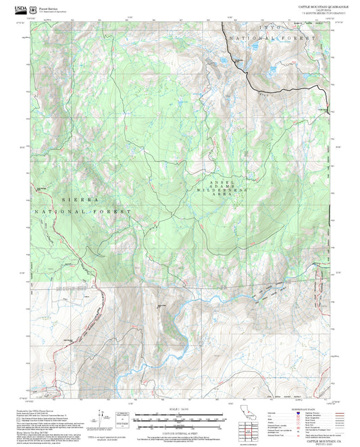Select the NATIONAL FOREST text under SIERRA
80,211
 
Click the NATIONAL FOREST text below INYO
272,38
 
